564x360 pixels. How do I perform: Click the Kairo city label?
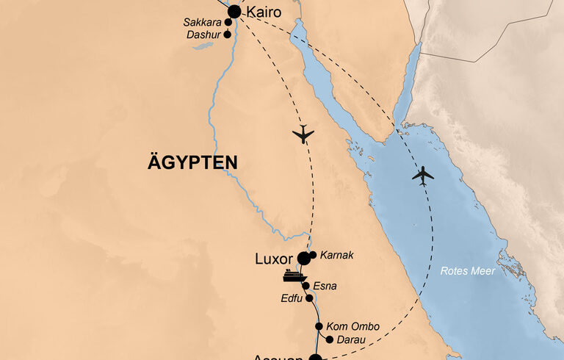point(264,12)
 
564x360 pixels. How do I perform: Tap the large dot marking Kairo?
point(234,12)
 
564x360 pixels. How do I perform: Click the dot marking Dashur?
point(228,35)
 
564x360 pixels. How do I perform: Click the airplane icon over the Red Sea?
point(423,176)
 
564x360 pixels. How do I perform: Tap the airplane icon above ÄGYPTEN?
point(303,134)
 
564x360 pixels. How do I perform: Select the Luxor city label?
point(273,259)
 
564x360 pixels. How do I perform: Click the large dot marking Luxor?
point(303,258)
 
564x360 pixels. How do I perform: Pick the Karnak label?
point(338,255)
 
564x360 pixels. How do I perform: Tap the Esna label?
point(325,286)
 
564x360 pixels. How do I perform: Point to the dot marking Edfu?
point(309,298)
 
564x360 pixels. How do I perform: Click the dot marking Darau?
point(328,339)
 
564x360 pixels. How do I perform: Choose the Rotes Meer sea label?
point(468,271)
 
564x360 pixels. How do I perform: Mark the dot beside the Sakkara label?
point(228,23)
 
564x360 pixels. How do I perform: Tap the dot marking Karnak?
point(314,255)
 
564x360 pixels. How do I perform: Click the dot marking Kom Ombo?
point(319,326)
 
